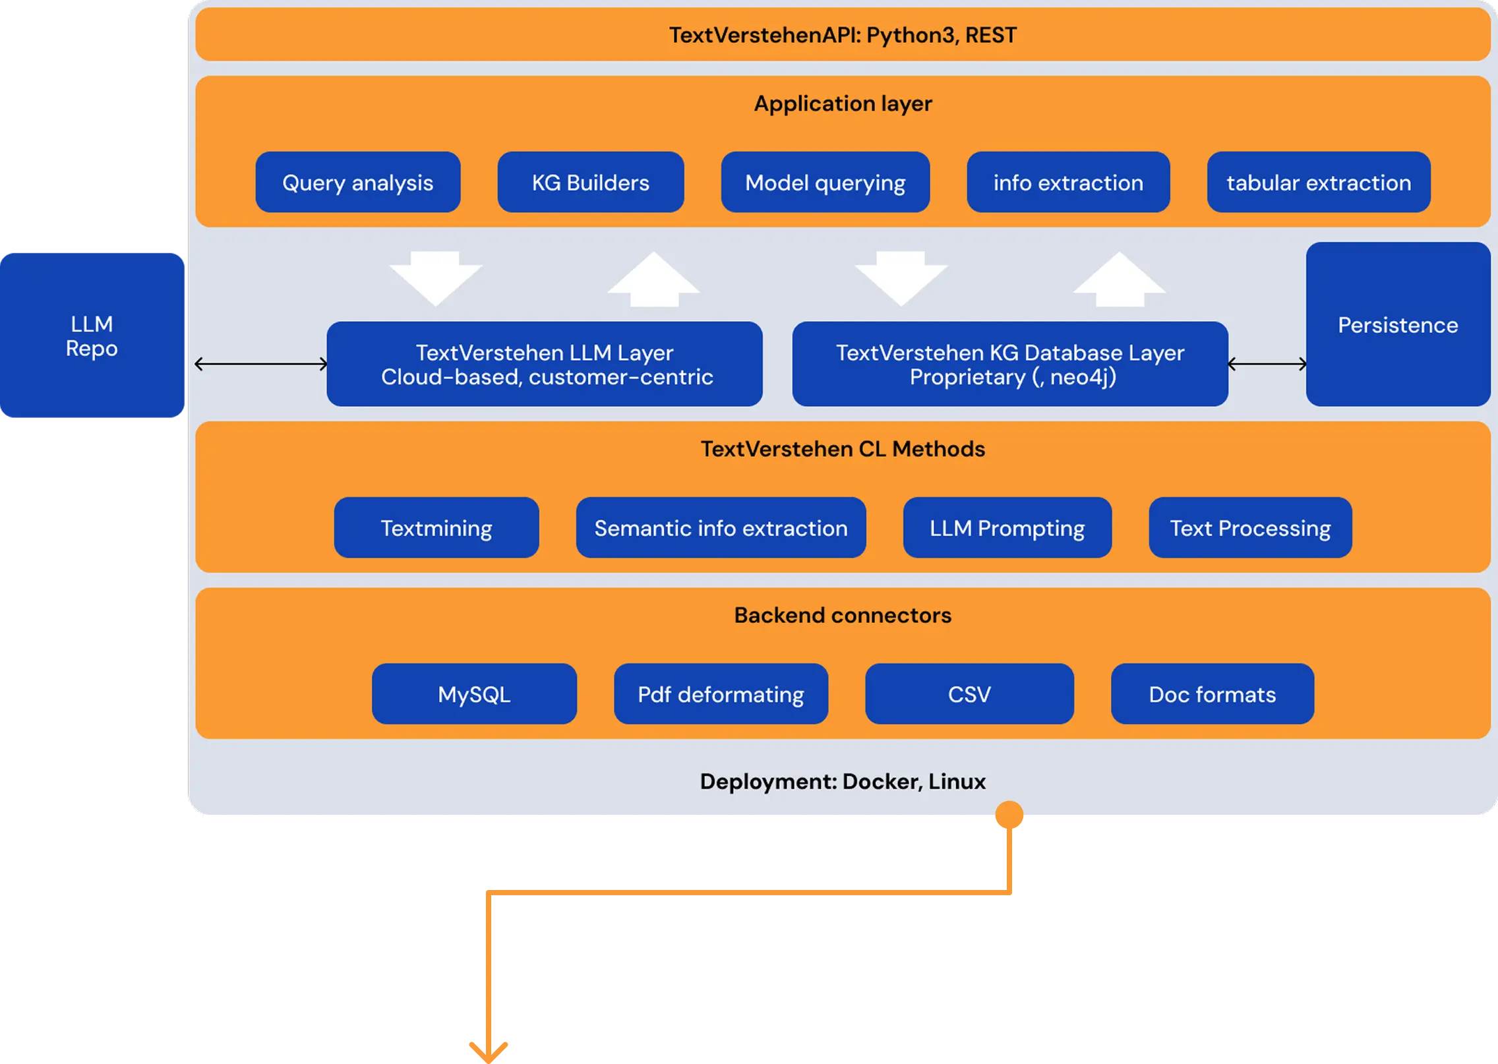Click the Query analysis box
(357, 182)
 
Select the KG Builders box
(590, 182)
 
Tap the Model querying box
(825, 182)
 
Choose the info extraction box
(1067, 182)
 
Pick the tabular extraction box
(1318, 182)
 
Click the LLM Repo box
(92, 336)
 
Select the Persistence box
(1397, 324)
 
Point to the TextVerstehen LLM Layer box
(545, 364)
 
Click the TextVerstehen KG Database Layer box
(1009, 364)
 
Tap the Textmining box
(436, 527)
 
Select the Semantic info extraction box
(721, 527)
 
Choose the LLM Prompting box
(1007, 527)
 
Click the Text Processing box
(1249, 527)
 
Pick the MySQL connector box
(474, 694)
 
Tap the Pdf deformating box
(721, 694)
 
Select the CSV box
(969, 694)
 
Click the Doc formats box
(1212, 694)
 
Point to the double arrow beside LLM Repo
(261, 363)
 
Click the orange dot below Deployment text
(1008, 815)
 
